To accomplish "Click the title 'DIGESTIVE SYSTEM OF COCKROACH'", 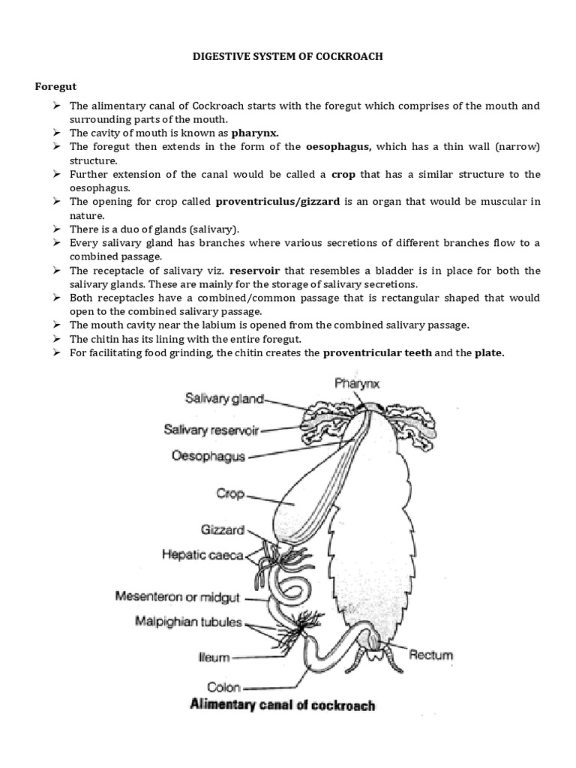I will pyautogui.click(x=288, y=57).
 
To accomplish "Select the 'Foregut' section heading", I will pyautogui.click(x=56, y=87).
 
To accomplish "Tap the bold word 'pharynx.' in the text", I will pyautogui.click(x=259, y=133).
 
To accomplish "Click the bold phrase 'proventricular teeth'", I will pyautogui.click(x=377, y=353).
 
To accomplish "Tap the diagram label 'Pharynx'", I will pyautogui.click(x=357, y=384).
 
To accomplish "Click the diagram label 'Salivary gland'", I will pyautogui.click(x=224, y=400).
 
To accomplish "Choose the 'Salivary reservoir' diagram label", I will pyautogui.click(x=211, y=430).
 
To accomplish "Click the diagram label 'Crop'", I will pyautogui.click(x=231, y=494).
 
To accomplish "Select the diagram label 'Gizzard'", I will pyautogui.click(x=223, y=529).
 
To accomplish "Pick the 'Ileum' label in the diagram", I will pyautogui.click(x=215, y=657).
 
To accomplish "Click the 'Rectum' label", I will pyautogui.click(x=430, y=655).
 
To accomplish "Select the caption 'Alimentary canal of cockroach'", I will pyautogui.click(x=283, y=705).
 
